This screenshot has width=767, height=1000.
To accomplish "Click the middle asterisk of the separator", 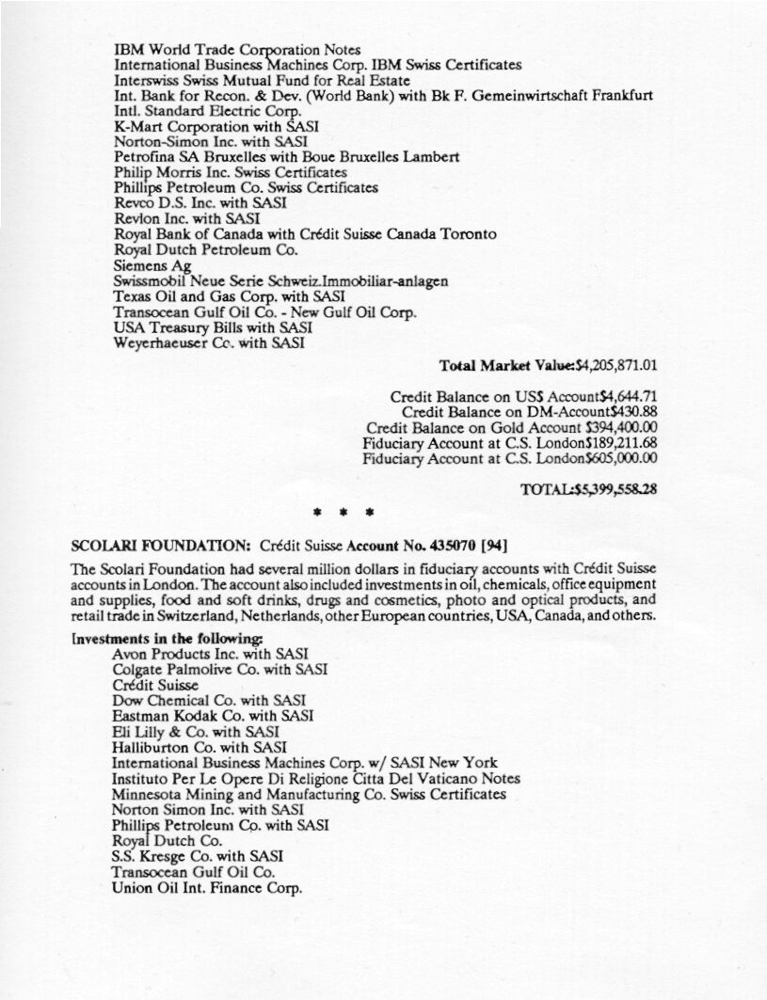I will pyautogui.click(x=344, y=514).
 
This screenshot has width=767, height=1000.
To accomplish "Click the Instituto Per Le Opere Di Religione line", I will pyautogui.click(x=315, y=778).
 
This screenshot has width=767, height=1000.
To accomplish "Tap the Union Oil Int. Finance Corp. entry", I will pyautogui.click(x=207, y=889).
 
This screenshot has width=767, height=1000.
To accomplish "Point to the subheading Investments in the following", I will pyautogui.click(x=168, y=638).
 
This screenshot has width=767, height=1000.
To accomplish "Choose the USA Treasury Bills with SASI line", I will pyautogui.click(x=213, y=328).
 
